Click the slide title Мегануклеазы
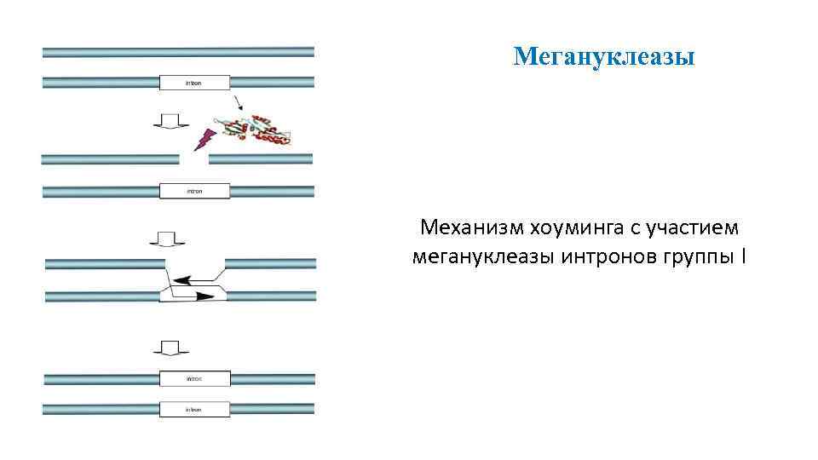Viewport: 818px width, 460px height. pos(605,57)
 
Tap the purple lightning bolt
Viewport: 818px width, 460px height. pos(204,139)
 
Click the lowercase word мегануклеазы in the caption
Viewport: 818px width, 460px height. pos(481,256)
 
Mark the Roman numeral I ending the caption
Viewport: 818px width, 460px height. pos(744,256)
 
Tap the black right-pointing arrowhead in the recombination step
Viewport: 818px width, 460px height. pos(204,296)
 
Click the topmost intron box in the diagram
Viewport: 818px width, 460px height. pos(194,83)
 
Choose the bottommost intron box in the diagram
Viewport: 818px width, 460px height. pos(194,410)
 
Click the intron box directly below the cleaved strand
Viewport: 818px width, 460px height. pos(194,191)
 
